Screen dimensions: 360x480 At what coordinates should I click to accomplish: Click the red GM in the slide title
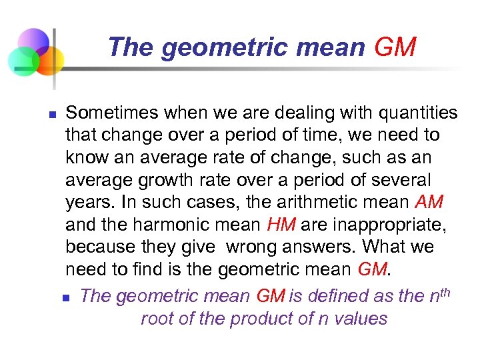tap(395, 47)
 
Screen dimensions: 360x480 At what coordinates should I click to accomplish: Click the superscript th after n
tap(444, 290)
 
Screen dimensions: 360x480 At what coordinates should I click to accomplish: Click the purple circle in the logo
tap(33, 42)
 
